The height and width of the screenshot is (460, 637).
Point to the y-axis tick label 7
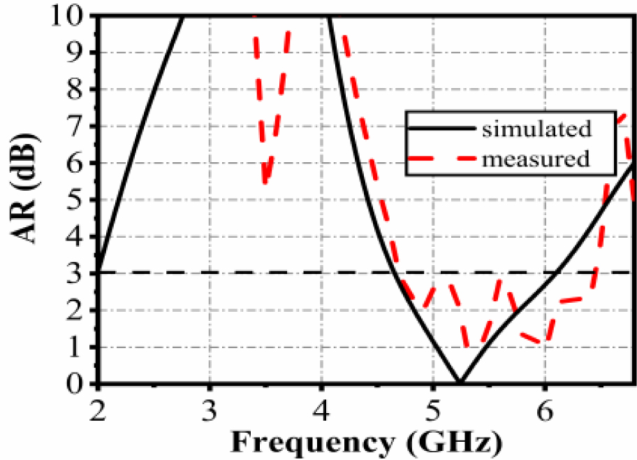78,127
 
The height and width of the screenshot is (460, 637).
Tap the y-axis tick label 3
78,273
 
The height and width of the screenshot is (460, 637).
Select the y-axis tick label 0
78,384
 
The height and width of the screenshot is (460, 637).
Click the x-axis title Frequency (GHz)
366,443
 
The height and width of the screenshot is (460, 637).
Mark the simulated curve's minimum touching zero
459,382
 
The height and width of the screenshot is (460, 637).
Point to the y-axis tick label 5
78,200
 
